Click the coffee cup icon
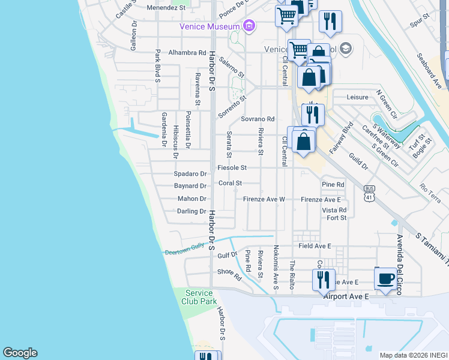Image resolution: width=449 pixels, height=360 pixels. (385, 278)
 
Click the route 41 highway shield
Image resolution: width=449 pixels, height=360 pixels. (370, 193)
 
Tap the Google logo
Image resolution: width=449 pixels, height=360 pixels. (20, 353)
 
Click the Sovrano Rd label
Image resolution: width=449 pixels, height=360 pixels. (258, 119)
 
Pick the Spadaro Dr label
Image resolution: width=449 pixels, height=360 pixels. (190, 174)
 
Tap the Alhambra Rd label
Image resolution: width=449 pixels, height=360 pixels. (187, 53)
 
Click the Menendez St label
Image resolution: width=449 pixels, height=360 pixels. (166, 8)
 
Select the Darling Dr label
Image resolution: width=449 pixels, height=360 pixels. (191, 211)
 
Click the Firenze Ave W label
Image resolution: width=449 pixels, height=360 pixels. (264, 199)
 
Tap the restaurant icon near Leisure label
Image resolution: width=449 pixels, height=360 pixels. (313, 114)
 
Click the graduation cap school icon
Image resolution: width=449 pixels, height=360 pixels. (345, 49)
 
